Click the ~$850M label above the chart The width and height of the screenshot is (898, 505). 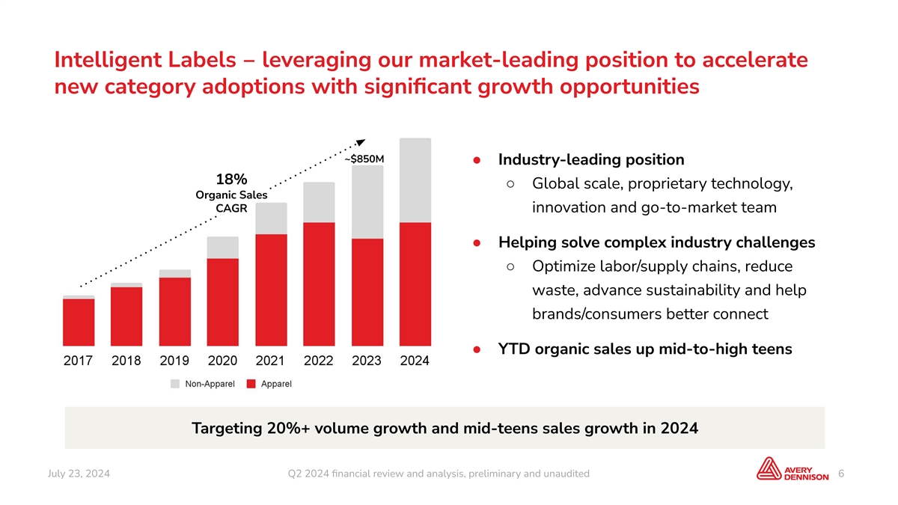click(x=365, y=159)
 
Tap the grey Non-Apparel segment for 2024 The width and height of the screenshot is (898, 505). click(x=415, y=180)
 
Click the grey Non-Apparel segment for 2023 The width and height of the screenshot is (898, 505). click(x=367, y=202)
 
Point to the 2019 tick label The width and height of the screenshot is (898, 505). click(x=175, y=361)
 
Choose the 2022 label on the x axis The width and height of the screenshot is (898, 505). click(x=319, y=361)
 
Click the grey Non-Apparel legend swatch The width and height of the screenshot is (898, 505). click(x=174, y=385)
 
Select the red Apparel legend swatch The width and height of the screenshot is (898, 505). click(x=251, y=385)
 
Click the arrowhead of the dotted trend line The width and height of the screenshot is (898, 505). click(x=360, y=142)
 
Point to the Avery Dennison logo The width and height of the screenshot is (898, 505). click(x=792, y=470)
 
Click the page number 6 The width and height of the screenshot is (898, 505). click(x=842, y=474)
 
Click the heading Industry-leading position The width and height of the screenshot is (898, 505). click(x=591, y=159)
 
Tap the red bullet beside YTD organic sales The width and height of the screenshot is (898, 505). click(x=477, y=350)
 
